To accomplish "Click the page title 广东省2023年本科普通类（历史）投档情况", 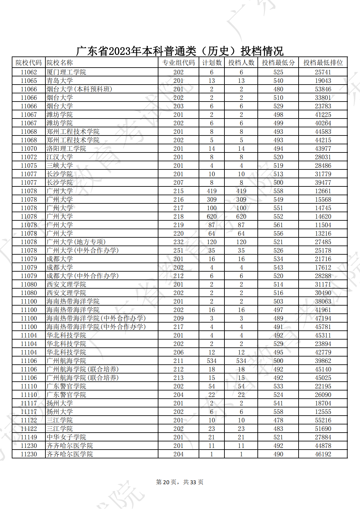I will [180, 51].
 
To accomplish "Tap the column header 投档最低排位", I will [323, 63].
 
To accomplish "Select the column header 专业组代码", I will [178, 63].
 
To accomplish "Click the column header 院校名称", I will [60, 63].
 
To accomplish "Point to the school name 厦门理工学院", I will [66, 72].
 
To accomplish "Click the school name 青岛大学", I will [60, 81].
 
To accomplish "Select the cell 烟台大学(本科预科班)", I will [79, 89].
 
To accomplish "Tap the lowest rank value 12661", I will [323, 191].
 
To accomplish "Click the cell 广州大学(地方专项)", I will [76, 242].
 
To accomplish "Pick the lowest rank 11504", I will [323, 225].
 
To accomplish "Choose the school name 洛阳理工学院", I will [66, 149].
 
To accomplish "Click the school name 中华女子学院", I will [66, 437].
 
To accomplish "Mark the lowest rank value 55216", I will [323, 420].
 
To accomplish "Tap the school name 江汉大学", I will [60, 157].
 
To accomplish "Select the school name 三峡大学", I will [60, 166].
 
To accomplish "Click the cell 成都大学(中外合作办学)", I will [83, 276].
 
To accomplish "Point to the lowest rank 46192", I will [323, 454].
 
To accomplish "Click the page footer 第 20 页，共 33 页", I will [180, 482].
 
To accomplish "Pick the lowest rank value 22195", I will [323, 386].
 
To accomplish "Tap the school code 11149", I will [29, 437].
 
